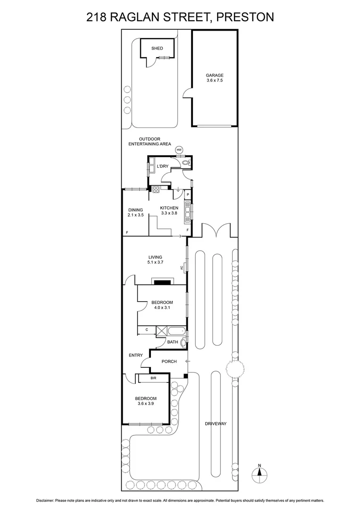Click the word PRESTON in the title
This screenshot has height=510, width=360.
[x=244, y=17]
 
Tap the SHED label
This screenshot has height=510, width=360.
[x=157, y=48]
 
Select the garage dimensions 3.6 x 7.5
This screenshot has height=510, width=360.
[x=214, y=81]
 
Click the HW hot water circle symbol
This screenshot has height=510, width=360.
[x=179, y=150]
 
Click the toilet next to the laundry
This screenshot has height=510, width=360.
[x=186, y=163]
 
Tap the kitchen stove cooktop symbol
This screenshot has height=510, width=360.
[x=156, y=190]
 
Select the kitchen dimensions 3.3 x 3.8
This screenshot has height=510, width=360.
[x=169, y=213]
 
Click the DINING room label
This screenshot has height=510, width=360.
[x=135, y=210]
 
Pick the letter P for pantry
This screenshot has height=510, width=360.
[x=187, y=194]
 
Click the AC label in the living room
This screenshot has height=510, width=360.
[x=182, y=268]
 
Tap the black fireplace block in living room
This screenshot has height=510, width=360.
[x=162, y=282]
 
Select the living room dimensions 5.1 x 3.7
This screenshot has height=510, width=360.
[x=155, y=263]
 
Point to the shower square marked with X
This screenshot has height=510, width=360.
[x=161, y=330]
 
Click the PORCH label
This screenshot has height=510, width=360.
[x=169, y=362]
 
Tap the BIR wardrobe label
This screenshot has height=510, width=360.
[x=153, y=378]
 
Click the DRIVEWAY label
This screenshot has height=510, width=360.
[x=217, y=424]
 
